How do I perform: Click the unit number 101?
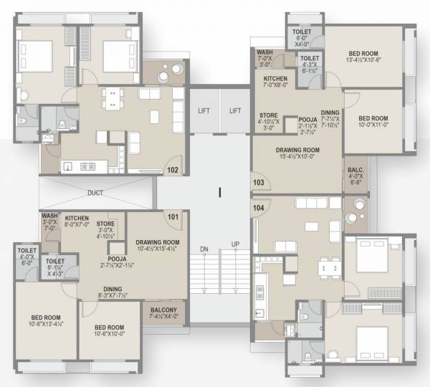(172, 216)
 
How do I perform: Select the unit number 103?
(259, 183)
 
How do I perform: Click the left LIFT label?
(204, 111)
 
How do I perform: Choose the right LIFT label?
(234, 111)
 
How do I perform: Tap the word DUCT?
(95, 193)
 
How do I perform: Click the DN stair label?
(204, 248)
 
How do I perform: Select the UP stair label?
(235, 244)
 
